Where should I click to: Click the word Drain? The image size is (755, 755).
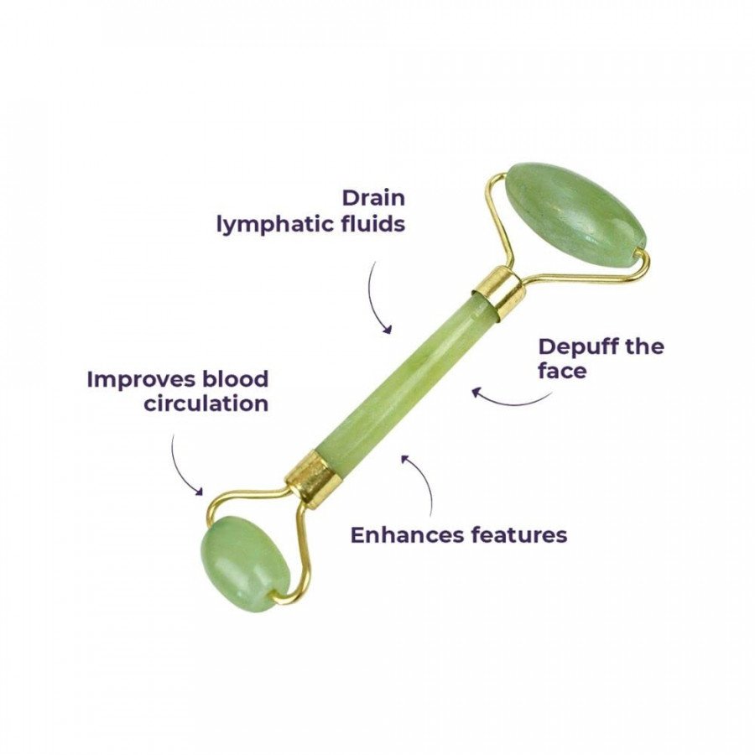[373, 199]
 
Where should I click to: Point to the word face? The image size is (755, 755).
[562, 371]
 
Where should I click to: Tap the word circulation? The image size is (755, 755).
[206, 404]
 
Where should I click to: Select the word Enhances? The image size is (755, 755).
[403, 534]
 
